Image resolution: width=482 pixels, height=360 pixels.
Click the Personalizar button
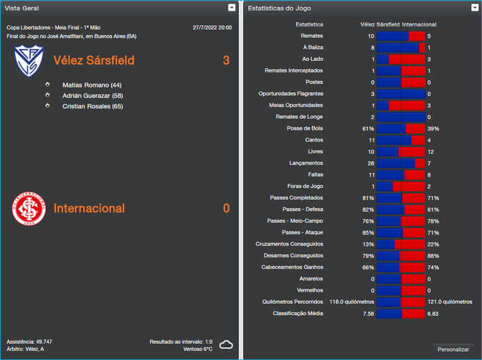click(453, 349)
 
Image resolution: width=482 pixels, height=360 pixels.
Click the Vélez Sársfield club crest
click(29, 60)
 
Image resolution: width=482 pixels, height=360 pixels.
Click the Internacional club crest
click(29, 208)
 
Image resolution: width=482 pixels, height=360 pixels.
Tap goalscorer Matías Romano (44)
click(92, 85)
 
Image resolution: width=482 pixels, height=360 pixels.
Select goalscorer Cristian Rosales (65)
click(92, 106)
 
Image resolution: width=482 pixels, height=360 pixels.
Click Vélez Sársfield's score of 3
click(226, 60)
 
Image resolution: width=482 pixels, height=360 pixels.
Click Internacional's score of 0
click(226, 208)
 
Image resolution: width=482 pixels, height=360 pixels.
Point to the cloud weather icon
click(226, 345)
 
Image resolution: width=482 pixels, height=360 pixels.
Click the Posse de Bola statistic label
click(305, 128)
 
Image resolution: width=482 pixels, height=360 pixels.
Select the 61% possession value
click(368, 128)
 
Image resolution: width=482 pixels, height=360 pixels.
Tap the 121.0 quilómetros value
click(449, 302)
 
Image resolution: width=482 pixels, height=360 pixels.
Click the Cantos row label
click(314, 140)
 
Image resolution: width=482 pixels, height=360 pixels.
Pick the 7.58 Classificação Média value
click(368, 314)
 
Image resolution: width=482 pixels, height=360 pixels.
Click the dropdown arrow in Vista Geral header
click(232, 8)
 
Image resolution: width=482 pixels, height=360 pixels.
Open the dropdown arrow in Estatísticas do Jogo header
click(475, 8)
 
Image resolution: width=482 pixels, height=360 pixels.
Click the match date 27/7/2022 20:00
click(212, 28)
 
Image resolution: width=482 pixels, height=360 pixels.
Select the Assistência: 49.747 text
click(30, 341)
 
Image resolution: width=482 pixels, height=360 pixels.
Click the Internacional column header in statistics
click(419, 25)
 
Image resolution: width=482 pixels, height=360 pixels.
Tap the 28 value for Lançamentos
click(371, 163)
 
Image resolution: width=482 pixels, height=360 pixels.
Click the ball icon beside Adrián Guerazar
click(48, 95)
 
